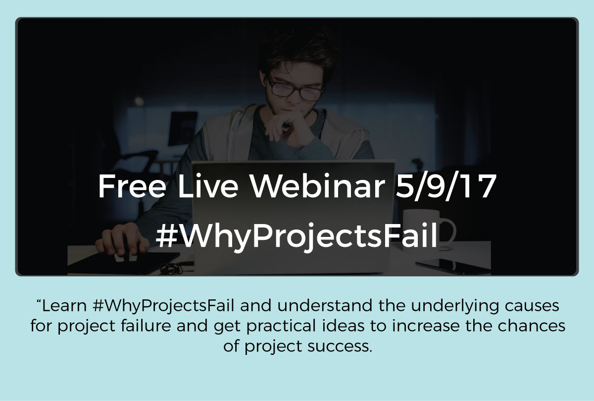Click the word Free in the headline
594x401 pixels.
pyautogui.click(x=132, y=186)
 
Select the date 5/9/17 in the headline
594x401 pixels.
pyautogui.click(x=445, y=186)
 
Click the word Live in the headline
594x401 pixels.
pyautogui.click(x=208, y=186)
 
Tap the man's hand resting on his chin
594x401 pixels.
pyautogui.click(x=289, y=128)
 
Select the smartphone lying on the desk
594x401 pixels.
pyautogui.click(x=452, y=266)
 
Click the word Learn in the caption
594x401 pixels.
pyautogui.click(x=64, y=306)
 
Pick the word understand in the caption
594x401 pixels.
pyautogui.click(x=325, y=306)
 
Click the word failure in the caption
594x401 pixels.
pyautogui.click(x=146, y=326)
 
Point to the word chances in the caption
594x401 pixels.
pyautogui.click(x=531, y=326)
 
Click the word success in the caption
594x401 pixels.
pyautogui.click(x=340, y=346)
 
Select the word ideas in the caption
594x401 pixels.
pyautogui.click(x=344, y=326)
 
